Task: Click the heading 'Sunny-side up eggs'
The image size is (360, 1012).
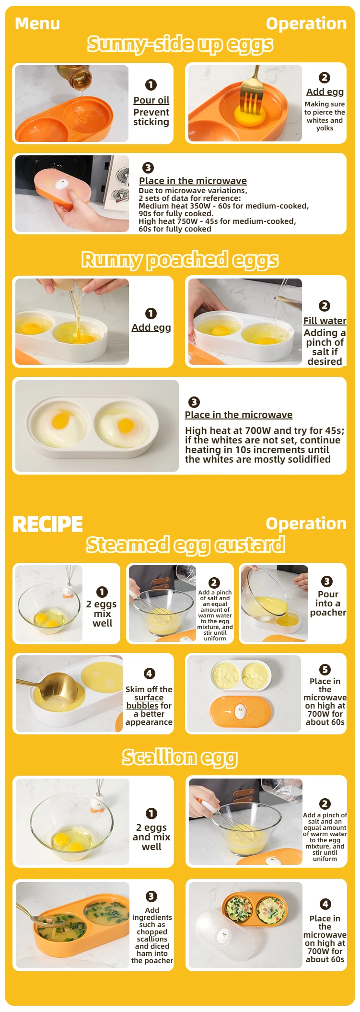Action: click(x=180, y=45)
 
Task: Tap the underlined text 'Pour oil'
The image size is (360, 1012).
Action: click(x=151, y=100)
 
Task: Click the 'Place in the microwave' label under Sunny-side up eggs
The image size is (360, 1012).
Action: click(x=193, y=181)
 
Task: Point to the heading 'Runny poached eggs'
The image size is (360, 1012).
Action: click(x=180, y=260)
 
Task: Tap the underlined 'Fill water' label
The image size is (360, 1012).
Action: click(x=325, y=321)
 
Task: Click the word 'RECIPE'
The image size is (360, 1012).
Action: click(x=47, y=524)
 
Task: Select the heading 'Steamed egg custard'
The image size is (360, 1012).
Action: click(x=186, y=545)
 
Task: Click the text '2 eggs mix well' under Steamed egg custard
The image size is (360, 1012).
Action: click(x=102, y=614)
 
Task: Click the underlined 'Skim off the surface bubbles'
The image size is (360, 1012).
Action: click(x=149, y=698)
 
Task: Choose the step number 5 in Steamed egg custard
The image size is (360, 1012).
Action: click(x=325, y=669)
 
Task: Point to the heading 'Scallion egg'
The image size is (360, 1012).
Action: click(x=180, y=758)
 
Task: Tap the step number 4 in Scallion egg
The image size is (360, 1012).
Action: click(x=325, y=904)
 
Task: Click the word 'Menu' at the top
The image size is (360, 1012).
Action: click(x=37, y=23)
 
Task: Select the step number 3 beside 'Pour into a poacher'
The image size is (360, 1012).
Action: click(x=327, y=582)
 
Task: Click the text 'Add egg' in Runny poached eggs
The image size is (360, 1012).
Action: click(x=151, y=327)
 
